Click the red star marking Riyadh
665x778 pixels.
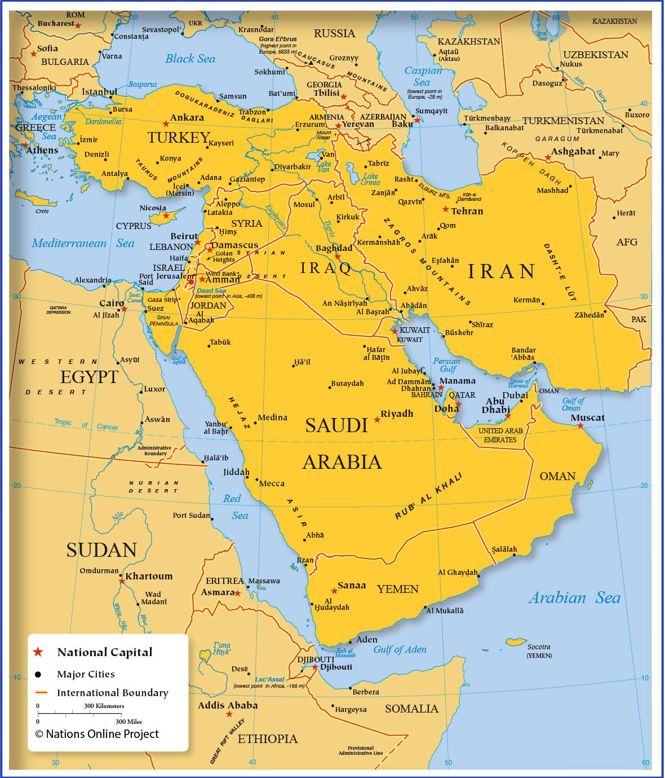[x=377, y=420]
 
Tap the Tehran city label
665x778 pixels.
[x=467, y=211]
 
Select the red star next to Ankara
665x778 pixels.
[x=166, y=124]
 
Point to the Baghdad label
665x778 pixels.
[x=334, y=248]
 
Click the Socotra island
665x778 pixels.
[x=516, y=642]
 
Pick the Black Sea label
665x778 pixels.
[x=190, y=59]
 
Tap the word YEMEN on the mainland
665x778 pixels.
[x=397, y=589]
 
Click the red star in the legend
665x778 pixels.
[x=38, y=652]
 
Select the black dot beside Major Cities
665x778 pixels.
[x=38, y=674]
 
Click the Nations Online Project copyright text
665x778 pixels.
[x=97, y=734]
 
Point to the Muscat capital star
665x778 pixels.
[x=580, y=426]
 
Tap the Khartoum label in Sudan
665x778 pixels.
[x=149, y=576]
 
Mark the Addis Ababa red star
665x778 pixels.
[x=229, y=714]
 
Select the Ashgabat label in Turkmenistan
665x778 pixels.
[x=573, y=151]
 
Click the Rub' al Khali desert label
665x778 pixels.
[x=428, y=496]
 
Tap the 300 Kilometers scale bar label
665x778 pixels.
[x=104, y=706]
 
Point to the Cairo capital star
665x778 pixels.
[x=124, y=309]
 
